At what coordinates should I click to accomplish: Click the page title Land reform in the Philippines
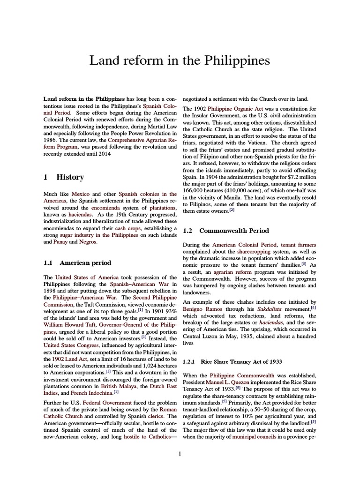pyautogui.click(x=180, y=61)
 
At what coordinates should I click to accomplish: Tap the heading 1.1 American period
pyautogui.click(x=77, y=262)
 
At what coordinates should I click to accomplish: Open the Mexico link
pyautogui.click(x=80, y=194)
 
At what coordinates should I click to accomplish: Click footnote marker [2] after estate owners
pyautogui.click(x=232, y=210)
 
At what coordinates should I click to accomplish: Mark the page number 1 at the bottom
pyautogui.click(x=180, y=453)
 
